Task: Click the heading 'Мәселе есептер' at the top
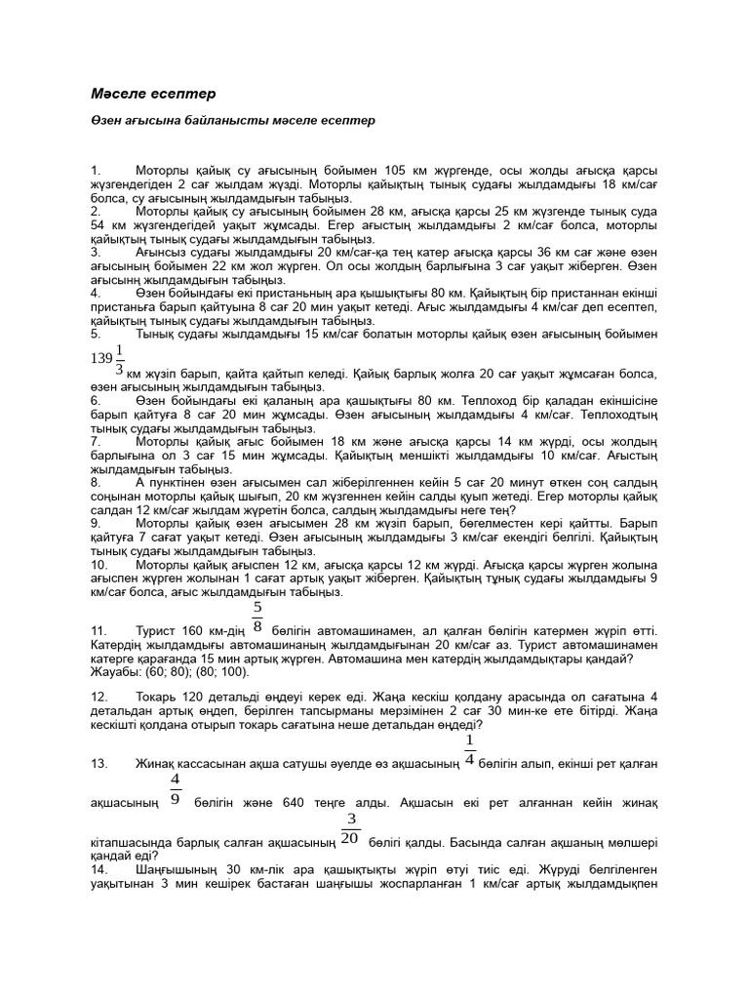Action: coord(152,94)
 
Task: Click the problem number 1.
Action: coord(97,170)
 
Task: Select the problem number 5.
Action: coord(97,334)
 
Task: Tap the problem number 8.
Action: coord(97,482)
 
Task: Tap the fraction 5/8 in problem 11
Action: coord(257,616)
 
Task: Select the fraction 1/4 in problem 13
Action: coord(470,750)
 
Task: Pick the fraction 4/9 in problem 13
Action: coord(176,789)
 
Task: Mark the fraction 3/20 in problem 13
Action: coord(351,828)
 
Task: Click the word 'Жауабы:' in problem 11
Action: coord(114,671)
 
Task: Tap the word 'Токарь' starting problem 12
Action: coord(158,699)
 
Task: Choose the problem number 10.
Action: coord(99,564)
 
